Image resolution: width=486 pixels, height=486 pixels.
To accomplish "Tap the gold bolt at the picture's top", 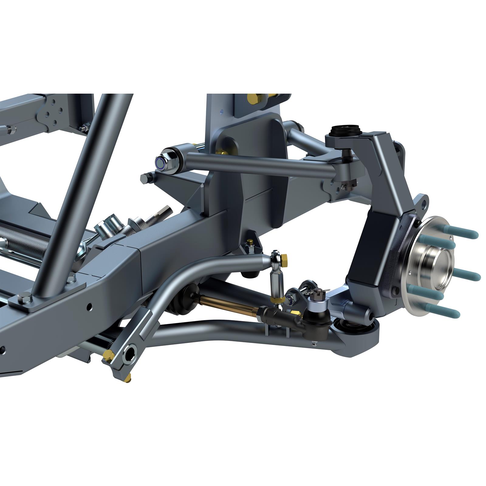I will (x=252, y=97).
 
